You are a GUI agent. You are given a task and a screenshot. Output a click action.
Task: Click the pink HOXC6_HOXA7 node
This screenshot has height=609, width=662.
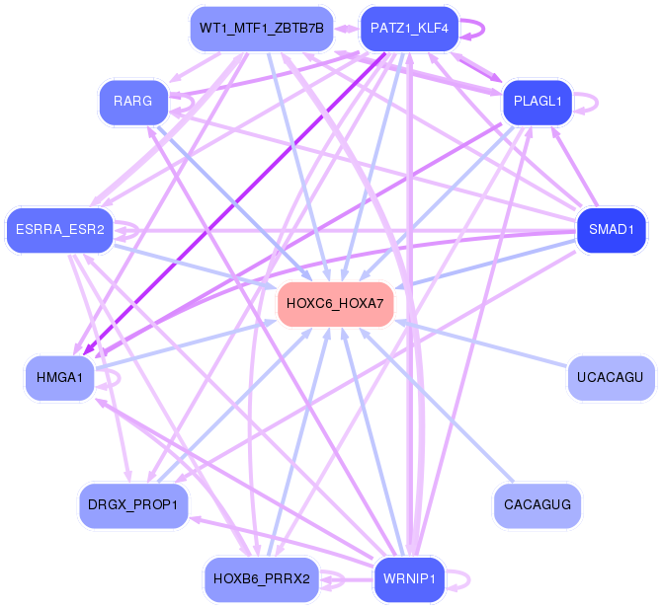coord(336,303)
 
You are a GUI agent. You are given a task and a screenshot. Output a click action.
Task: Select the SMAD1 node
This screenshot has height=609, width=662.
coord(611,231)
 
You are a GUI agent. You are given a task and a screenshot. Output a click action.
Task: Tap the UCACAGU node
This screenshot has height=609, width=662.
coord(611,377)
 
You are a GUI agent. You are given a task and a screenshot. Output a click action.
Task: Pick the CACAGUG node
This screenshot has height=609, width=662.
coord(537,504)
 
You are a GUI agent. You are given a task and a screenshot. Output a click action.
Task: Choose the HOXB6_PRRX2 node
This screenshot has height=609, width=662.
coord(262,577)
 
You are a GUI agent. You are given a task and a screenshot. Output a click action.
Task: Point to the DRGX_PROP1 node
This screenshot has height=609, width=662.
coord(132,505)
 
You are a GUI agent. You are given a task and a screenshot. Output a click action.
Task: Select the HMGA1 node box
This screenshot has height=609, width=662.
coord(59,377)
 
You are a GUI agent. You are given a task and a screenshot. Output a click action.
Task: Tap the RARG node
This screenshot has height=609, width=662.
coord(132,102)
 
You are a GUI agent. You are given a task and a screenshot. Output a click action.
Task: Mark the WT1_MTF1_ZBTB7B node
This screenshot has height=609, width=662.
coord(261,28)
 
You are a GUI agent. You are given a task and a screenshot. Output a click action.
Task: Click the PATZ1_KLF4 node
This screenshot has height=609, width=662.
coord(409,28)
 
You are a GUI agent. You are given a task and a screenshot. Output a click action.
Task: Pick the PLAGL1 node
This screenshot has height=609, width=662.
coord(538,102)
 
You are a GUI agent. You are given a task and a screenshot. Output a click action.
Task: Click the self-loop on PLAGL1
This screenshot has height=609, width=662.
coord(590,102)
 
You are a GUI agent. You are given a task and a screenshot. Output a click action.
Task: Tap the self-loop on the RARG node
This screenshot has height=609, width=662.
coord(184,103)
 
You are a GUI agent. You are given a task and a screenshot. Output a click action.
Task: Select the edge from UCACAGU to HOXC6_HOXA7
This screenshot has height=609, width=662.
coord(484,346)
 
